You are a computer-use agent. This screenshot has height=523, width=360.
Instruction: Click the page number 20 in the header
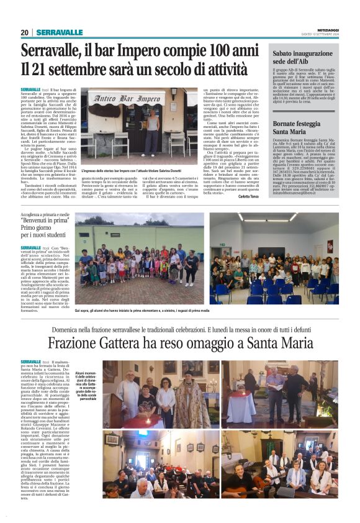[x=25, y=32]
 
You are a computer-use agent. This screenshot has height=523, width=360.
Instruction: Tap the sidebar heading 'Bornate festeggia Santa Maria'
[x=292, y=128]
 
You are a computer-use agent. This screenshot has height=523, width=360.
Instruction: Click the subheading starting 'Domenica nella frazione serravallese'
[x=180, y=327]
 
